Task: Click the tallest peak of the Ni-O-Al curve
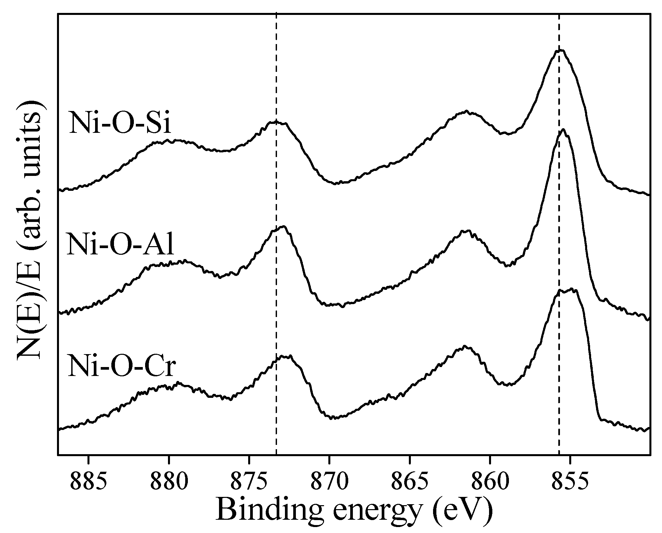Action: pos(563,130)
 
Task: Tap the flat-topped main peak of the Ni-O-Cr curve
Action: pos(568,291)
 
